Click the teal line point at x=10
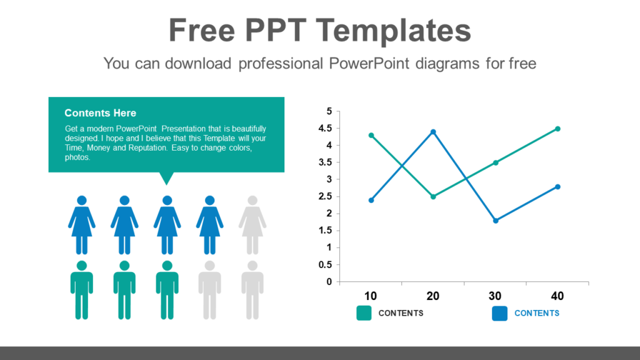(x=371, y=135)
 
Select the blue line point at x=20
(x=433, y=132)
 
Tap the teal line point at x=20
(x=433, y=196)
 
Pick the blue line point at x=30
(x=496, y=221)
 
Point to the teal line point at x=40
(x=557, y=129)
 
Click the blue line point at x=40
(x=557, y=186)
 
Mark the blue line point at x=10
(x=371, y=200)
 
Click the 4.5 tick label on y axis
(x=325, y=129)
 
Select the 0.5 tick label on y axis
(x=325, y=264)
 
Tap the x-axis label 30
(x=495, y=296)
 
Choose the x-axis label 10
(x=371, y=296)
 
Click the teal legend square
(x=364, y=313)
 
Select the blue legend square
(x=499, y=313)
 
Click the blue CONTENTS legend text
(x=536, y=313)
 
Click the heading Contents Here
(x=100, y=113)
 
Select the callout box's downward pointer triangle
(x=166, y=179)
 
